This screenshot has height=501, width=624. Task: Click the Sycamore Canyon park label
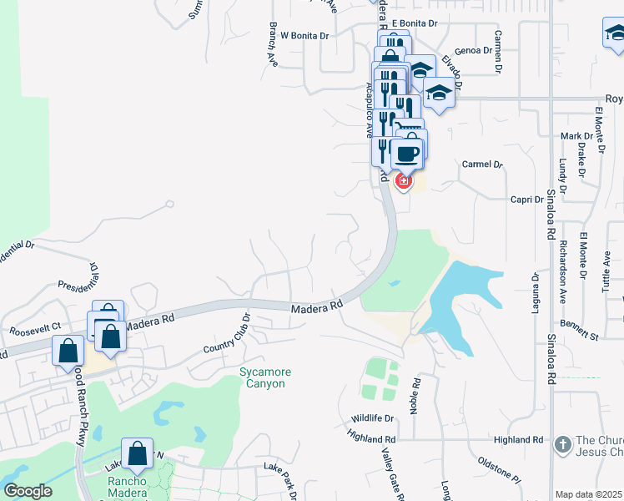(263, 377)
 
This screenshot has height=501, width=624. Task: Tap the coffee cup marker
(408, 154)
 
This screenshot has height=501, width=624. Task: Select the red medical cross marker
(403, 180)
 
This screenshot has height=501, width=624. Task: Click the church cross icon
(564, 444)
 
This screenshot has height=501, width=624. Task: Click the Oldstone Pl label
(498, 467)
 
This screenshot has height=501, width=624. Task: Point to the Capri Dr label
(527, 200)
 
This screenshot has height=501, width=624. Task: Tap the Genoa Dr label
(473, 51)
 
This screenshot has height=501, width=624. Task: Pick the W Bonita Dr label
(305, 36)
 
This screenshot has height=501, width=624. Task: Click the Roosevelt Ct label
(35, 329)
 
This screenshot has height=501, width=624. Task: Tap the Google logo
(28, 491)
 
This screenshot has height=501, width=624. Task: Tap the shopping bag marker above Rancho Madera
(138, 454)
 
